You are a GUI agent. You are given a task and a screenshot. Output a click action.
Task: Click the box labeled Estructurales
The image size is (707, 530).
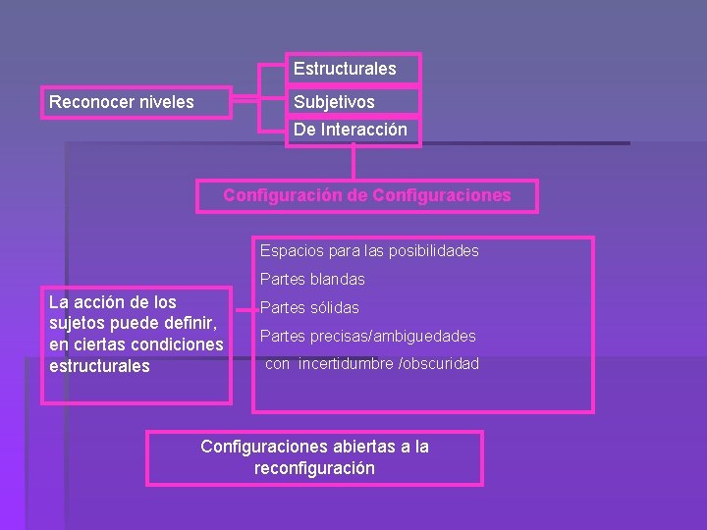coord(353,69)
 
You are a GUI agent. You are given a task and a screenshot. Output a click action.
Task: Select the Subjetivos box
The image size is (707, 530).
coord(353,102)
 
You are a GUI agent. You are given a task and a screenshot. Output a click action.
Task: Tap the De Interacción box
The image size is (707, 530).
coord(353,130)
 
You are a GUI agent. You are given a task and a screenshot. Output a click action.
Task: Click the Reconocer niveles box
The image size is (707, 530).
coord(135,102)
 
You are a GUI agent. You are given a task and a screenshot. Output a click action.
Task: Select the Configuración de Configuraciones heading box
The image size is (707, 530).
coord(367,195)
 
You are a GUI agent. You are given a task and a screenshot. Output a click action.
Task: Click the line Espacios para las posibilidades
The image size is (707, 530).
coord(369,251)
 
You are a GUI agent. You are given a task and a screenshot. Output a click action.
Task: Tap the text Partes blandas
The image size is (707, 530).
coord(312,280)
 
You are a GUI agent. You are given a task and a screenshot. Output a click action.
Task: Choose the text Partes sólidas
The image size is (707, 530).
coord(309,308)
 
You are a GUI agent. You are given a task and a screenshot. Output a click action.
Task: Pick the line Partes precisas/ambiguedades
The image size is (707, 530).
coord(367,337)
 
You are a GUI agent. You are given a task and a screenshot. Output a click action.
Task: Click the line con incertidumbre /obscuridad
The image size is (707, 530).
coord(372,364)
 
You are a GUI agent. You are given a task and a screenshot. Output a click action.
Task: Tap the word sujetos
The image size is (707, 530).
coord(77,323)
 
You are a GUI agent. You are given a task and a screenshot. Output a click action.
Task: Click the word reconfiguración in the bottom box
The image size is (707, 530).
coord(314,468)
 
